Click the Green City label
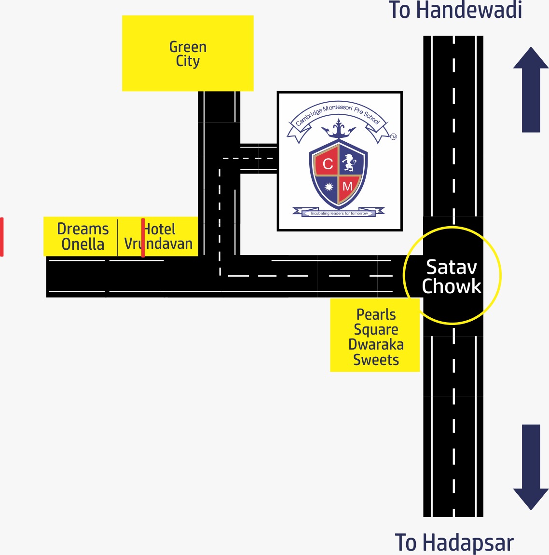pyautogui.click(x=188, y=54)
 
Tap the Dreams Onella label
pyautogui.click(x=82, y=236)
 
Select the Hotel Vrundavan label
pyautogui.click(x=159, y=236)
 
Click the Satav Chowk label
pyautogui.click(x=452, y=276)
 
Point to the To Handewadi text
pyautogui.click(x=455, y=10)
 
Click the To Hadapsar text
pyautogui.click(x=454, y=542)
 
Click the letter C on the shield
pyautogui.click(x=328, y=164)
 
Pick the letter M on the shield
pyautogui.click(x=347, y=186)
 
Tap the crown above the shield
pyautogui.click(x=338, y=129)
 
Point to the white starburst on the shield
pyautogui.click(x=329, y=187)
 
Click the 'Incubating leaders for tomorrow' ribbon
pyautogui.click(x=339, y=213)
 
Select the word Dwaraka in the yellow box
pyautogui.click(x=376, y=345)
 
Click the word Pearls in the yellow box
pyautogui.click(x=376, y=314)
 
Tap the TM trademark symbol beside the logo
pyautogui.click(x=393, y=137)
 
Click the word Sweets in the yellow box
pyautogui.click(x=376, y=360)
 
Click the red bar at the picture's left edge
pyautogui.click(x=2, y=237)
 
